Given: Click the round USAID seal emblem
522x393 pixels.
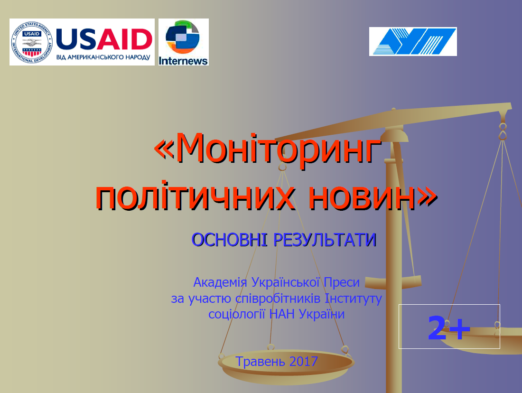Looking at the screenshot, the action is click(32, 42).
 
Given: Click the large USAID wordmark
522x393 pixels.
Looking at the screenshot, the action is click(104, 39).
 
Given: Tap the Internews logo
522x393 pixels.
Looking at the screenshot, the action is click(184, 42).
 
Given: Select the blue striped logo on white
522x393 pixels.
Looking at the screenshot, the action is click(413, 41).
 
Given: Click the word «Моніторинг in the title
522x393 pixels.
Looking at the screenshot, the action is click(268, 149).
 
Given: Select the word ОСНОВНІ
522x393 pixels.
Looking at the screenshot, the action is click(229, 240).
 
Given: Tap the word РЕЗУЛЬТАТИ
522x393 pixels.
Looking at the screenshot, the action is click(325, 240).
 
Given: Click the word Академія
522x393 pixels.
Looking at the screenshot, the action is click(220, 282).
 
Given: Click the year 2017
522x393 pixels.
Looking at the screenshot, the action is click(304, 361).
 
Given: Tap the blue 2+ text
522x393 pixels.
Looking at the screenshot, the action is click(449, 327).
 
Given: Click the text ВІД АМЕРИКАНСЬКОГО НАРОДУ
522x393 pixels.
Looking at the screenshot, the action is click(103, 57).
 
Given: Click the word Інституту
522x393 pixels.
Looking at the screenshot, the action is click(353, 299).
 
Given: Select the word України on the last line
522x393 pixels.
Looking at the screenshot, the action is click(322, 314).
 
